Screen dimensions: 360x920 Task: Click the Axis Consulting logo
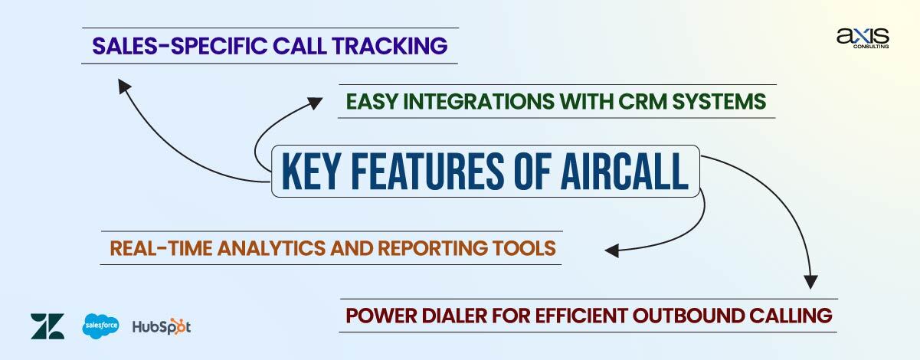863,38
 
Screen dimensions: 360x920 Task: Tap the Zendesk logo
47,326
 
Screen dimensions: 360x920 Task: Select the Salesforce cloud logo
100,326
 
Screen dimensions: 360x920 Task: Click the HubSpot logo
161,327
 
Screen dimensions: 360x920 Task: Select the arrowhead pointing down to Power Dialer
810,280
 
